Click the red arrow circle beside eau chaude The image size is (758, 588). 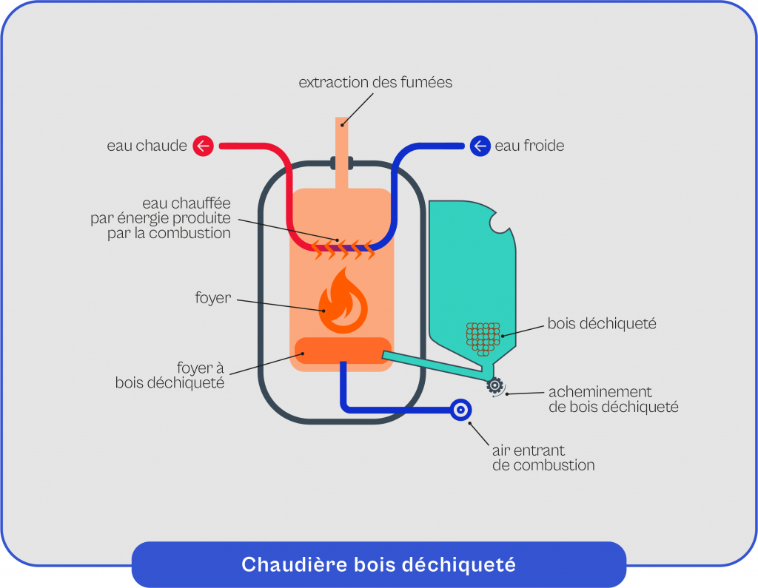tap(204, 146)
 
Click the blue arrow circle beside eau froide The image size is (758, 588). tap(480, 146)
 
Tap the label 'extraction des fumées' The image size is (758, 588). tap(375, 83)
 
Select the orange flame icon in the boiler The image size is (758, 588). tap(342, 302)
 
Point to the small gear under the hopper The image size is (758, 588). tap(494, 385)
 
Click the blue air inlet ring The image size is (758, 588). tap(460, 410)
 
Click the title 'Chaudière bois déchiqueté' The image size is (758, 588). tap(378, 565)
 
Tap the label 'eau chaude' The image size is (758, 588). tap(147, 146)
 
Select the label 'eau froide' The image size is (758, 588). tap(529, 146)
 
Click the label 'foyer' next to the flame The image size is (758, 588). tap(213, 299)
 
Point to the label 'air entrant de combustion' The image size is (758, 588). tap(543, 458)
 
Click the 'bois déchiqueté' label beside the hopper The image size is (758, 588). tap(602, 324)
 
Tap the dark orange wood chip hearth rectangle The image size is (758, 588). tap(342, 351)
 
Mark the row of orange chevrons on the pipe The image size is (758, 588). tap(342, 250)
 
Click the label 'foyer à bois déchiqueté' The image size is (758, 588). tap(170, 375)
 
